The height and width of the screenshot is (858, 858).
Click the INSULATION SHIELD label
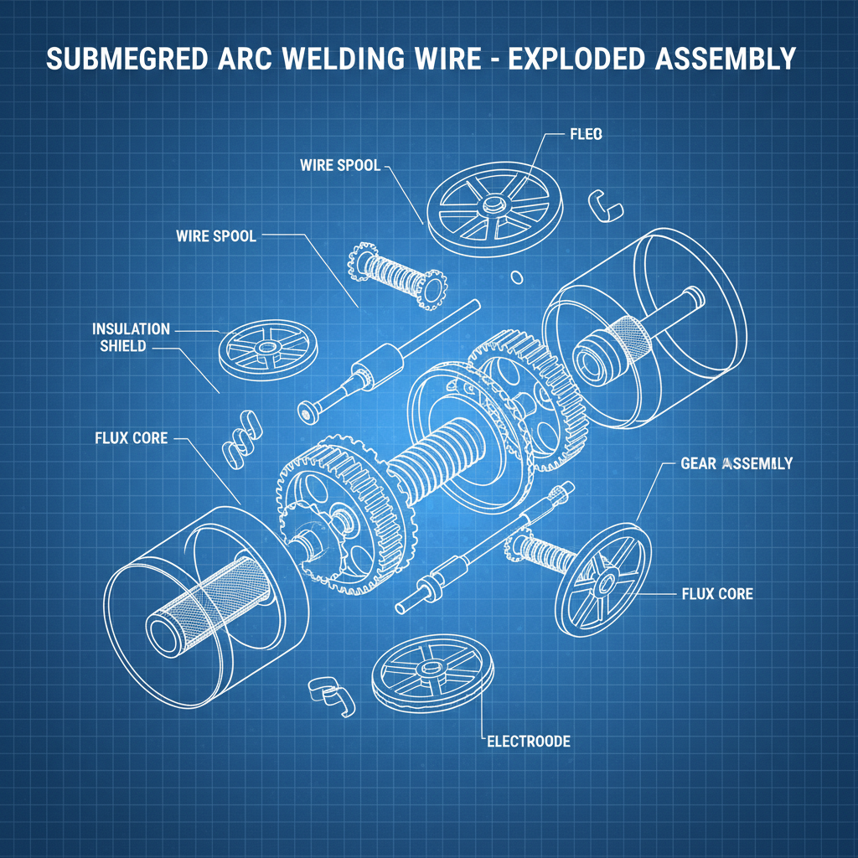[131, 337]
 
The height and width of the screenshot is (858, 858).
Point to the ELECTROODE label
[529, 742]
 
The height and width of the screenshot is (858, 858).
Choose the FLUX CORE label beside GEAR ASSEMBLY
[717, 594]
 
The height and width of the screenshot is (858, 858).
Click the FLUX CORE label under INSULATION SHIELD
[131, 437]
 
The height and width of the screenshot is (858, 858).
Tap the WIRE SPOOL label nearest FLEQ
[339, 165]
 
